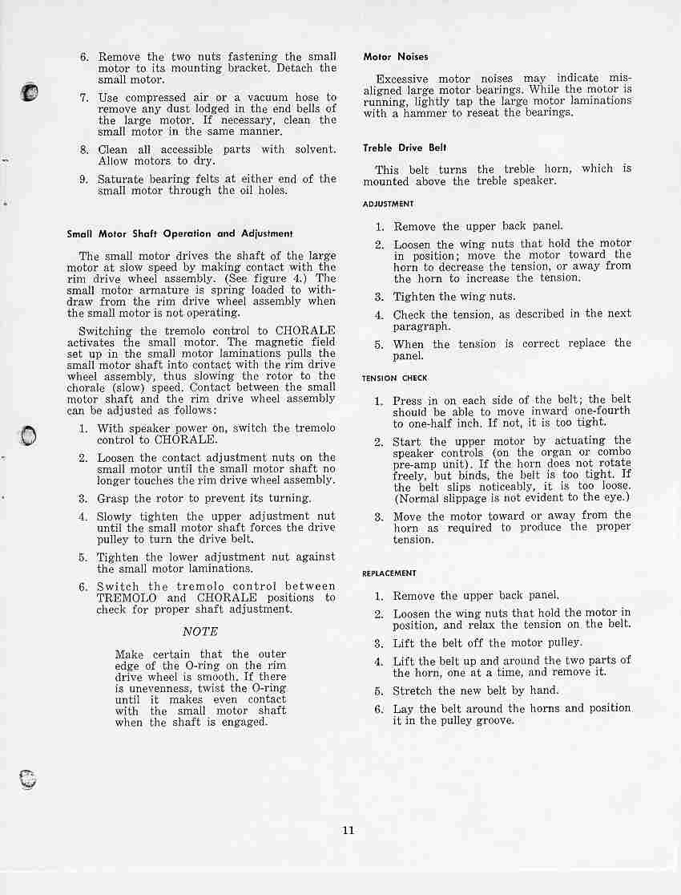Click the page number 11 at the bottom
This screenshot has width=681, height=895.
[348, 830]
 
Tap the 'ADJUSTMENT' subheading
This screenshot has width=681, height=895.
[388, 204]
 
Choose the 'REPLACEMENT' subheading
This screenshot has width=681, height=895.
[389, 573]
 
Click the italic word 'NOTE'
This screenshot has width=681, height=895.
[200, 631]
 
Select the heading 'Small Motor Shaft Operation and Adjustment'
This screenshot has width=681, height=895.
[179, 234]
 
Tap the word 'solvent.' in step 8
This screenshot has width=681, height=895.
[316, 149]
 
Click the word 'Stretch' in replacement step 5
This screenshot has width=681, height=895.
[413, 690]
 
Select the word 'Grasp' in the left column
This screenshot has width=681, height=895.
[113, 498]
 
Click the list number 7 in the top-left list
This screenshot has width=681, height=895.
[83, 98]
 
